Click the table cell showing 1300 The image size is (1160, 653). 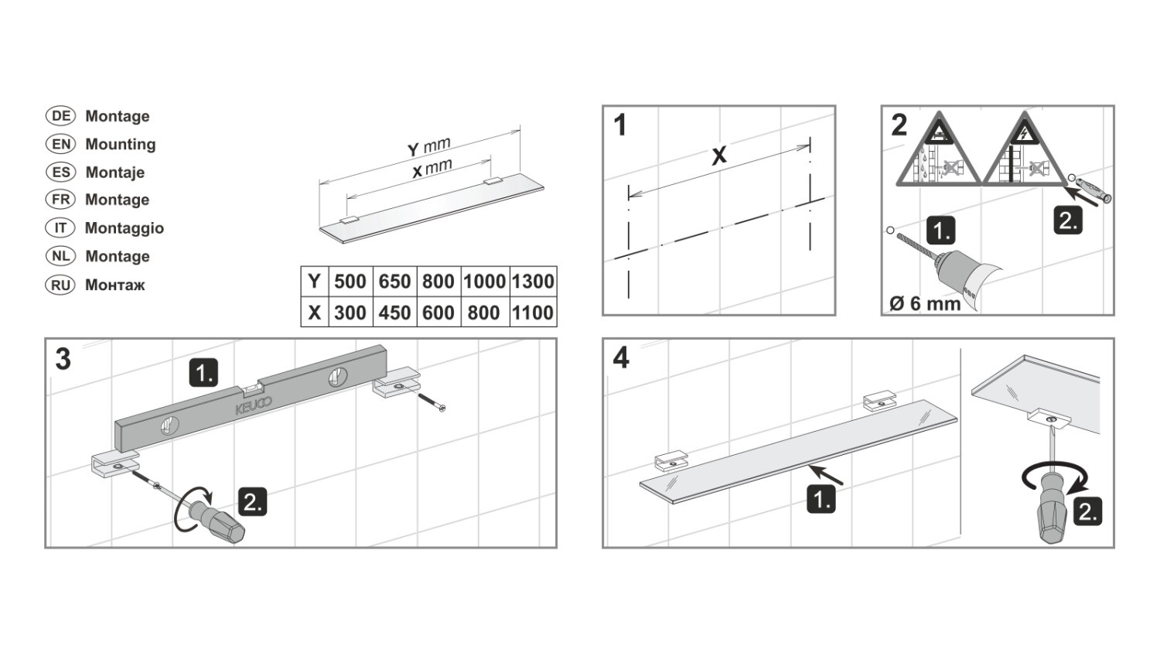533,282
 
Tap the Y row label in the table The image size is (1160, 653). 314,282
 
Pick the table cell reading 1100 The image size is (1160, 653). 533,313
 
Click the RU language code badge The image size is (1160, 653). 60,285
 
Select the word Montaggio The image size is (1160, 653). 125,228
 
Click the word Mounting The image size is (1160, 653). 121,144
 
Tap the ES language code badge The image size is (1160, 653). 60,172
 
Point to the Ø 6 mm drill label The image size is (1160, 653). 925,303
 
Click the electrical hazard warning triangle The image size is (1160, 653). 1025,153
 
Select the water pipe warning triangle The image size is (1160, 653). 939,153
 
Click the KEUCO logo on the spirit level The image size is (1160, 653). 253,405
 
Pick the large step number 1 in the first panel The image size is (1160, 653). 620,125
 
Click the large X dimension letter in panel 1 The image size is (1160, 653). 718,156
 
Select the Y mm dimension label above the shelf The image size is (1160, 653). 428,147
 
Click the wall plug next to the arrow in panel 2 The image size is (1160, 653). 1093,190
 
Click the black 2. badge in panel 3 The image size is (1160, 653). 253,502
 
